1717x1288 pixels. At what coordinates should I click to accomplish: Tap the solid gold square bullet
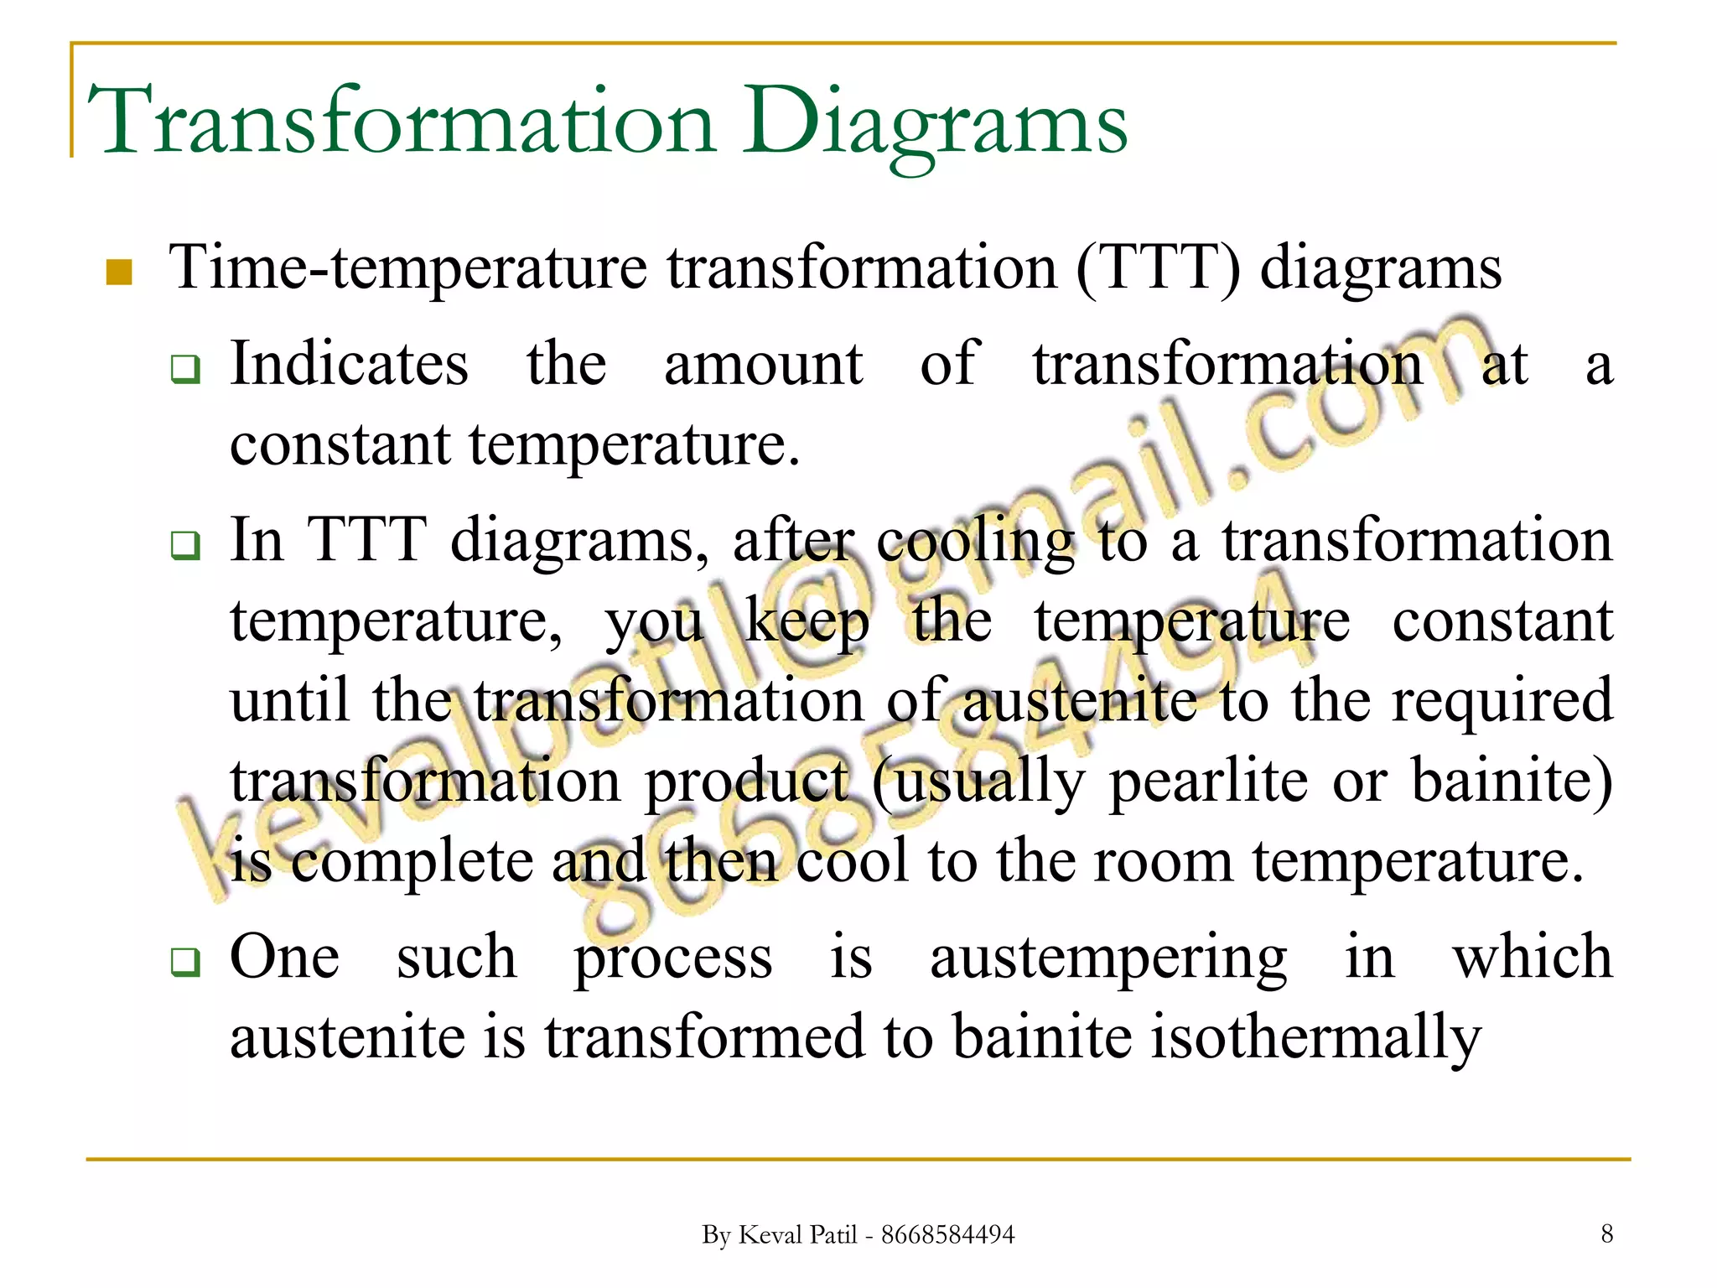(x=120, y=273)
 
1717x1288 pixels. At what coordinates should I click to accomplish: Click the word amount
(x=763, y=364)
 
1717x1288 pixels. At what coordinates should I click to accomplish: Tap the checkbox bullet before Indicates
(x=185, y=368)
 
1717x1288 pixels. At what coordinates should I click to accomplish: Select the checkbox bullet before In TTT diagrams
(x=185, y=545)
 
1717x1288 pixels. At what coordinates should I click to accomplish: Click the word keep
(x=807, y=623)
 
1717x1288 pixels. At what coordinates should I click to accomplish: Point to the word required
(x=1502, y=701)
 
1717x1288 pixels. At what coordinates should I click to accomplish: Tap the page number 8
(x=1606, y=1233)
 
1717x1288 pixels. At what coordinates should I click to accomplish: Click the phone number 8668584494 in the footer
(x=947, y=1235)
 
